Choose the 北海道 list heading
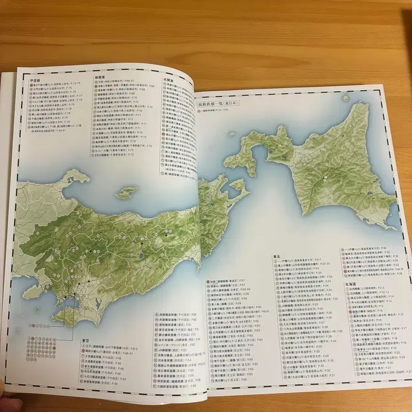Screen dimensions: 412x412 click(348, 283)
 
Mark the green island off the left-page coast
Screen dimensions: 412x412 click(126, 192)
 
